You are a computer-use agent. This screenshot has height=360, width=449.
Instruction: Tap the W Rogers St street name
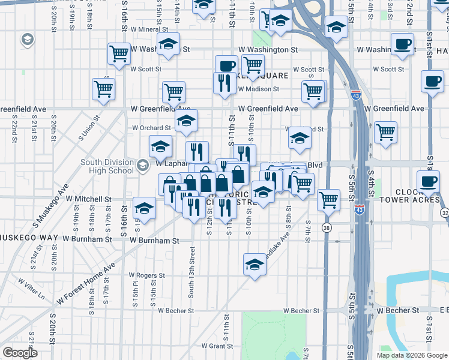[x=146, y=275]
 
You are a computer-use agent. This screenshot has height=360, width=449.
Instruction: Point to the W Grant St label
[x=217, y=346]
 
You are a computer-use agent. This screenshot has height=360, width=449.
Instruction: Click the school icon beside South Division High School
[x=143, y=166]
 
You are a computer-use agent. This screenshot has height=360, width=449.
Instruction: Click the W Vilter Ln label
[x=31, y=288]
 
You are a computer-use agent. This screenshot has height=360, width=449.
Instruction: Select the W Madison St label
[x=258, y=89]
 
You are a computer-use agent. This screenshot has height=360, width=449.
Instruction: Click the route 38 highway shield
[x=326, y=228]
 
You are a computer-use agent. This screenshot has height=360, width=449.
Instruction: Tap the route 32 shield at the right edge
[x=444, y=213]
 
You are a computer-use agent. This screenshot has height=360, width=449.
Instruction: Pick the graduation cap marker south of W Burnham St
[x=255, y=264]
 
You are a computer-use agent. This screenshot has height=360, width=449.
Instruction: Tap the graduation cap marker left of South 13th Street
[x=144, y=208]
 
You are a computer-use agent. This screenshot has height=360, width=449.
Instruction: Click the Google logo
[x=20, y=353]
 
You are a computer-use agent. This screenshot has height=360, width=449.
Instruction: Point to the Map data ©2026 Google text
[x=411, y=355]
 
